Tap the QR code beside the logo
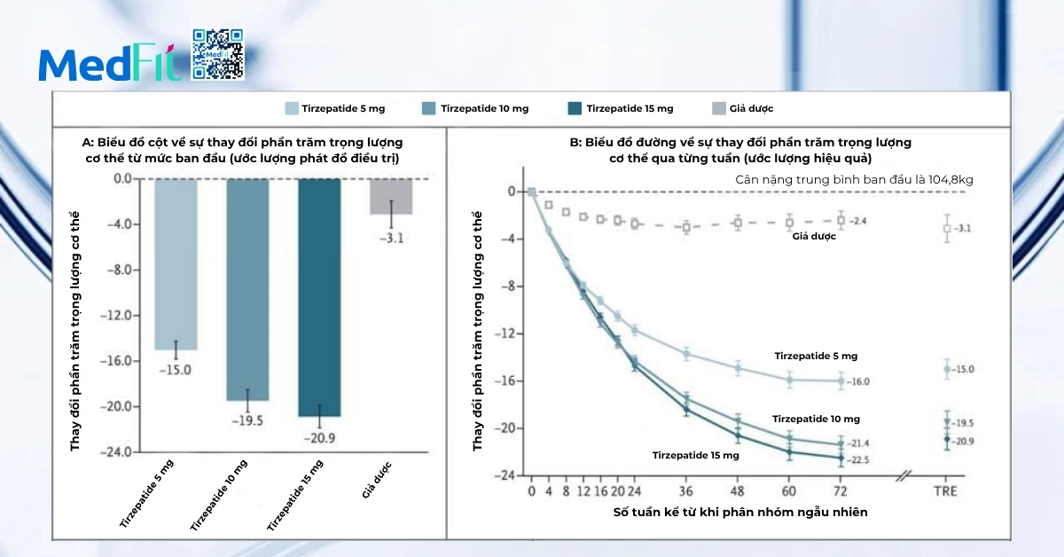217,55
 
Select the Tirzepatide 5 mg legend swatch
292,109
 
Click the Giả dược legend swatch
719,109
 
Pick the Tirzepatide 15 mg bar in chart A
318,297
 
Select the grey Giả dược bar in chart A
391,196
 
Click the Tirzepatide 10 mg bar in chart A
246,289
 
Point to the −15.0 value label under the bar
175,369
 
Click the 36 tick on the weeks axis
686,490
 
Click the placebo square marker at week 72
841,219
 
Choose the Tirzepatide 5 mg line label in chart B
816,356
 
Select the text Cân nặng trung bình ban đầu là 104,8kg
854,179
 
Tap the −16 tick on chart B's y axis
508,381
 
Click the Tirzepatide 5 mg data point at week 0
531,192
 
